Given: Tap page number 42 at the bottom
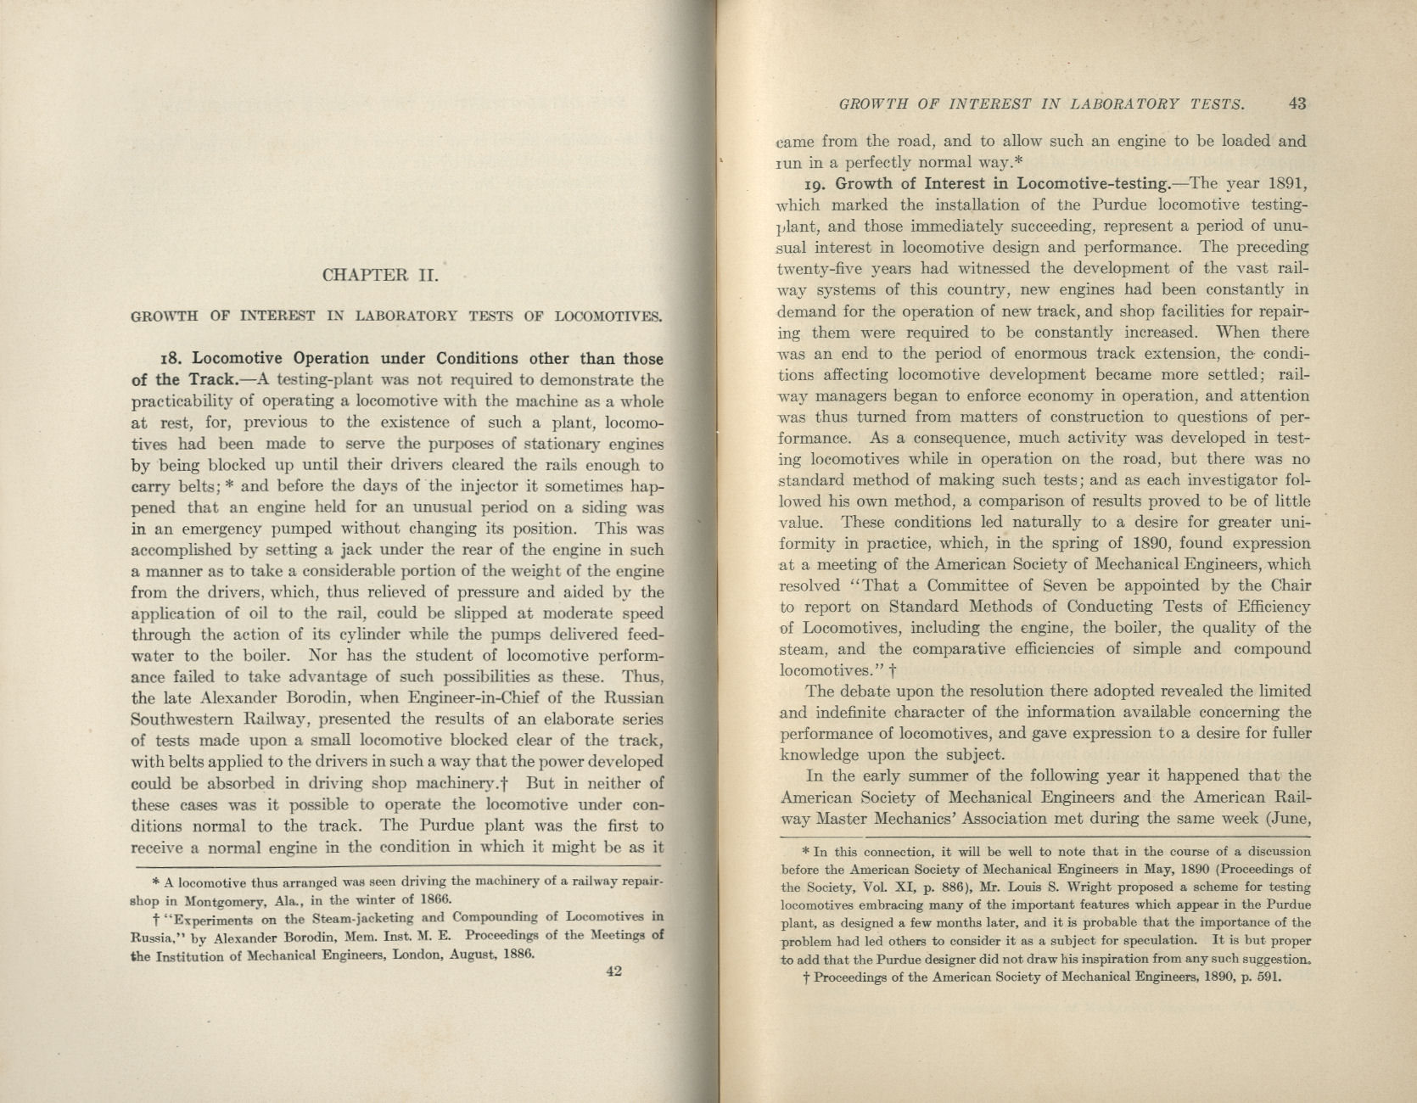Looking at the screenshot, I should (614, 972).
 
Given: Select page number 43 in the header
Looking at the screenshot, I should (1297, 104).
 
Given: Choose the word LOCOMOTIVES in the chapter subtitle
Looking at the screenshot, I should (608, 317).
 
